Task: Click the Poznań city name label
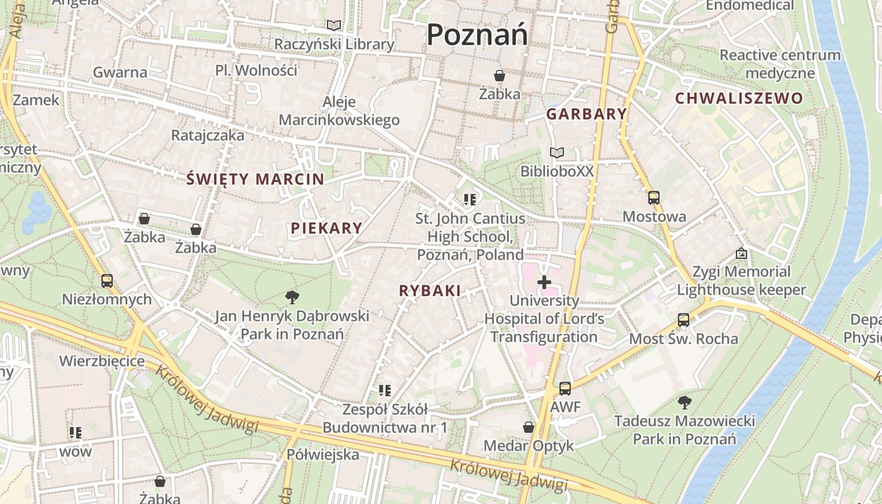[x=477, y=35]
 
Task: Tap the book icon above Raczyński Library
[x=334, y=26]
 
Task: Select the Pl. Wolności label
[x=256, y=70]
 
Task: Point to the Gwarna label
[x=120, y=72]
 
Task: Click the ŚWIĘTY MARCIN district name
[x=256, y=179]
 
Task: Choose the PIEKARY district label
[x=326, y=228]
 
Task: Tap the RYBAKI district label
[x=430, y=290]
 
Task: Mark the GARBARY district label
[x=587, y=114]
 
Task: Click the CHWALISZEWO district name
[x=739, y=98]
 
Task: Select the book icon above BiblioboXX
[x=556, y=152]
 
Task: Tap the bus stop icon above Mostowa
[x=654, y=198]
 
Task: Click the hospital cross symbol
[x=544, y=282]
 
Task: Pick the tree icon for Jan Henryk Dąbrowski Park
[x=292, y=297]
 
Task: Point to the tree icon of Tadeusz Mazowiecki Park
[x=684, y=402]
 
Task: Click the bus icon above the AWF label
[x=565, y=389]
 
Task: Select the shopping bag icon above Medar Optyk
[x=529, y=427]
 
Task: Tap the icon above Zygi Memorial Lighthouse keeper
[x=742, y=253]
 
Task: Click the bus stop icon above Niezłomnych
[x=107, y=280]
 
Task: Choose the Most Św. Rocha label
[x=684, y=338]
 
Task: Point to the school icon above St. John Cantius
[x=469, y=200]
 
